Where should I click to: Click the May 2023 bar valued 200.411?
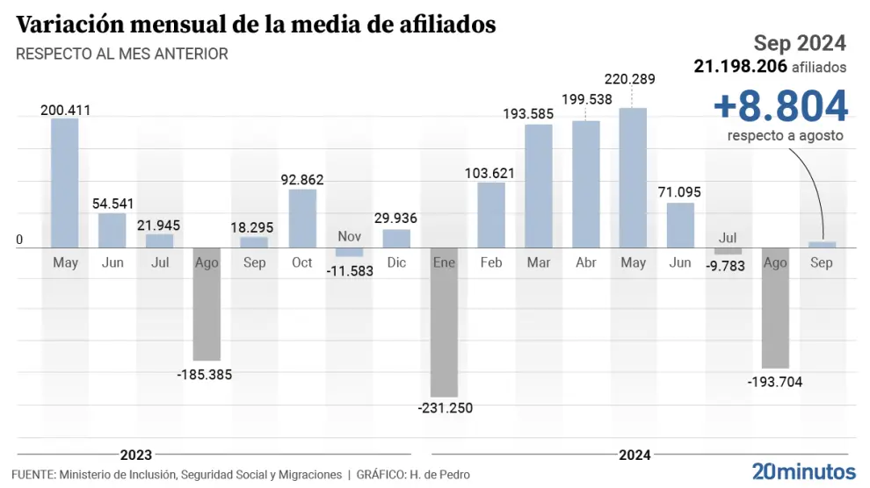65,183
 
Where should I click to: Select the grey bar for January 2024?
444,322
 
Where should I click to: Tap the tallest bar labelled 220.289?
633,177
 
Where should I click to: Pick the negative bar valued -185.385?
207,304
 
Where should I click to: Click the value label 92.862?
302,180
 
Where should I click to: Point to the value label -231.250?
444,408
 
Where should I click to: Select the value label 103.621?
490,173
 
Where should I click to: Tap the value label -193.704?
775,381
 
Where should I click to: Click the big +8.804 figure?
780,106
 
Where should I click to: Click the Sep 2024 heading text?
800,42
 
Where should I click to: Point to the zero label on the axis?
19,240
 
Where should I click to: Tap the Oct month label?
302,262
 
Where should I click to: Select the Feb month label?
491,262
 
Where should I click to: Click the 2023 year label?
135,455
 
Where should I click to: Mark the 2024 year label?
634,455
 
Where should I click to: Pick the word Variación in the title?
63,25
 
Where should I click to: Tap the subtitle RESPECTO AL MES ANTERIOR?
122,54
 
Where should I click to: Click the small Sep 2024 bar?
822,245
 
